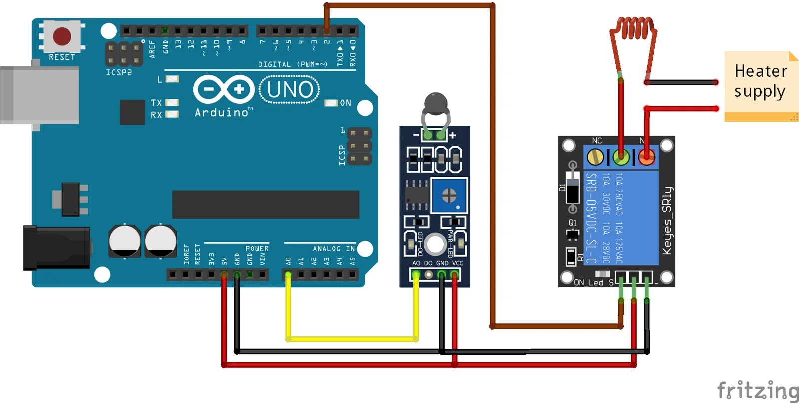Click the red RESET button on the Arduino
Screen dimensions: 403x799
pos(62,36)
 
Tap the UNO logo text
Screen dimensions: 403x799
pos(290,90)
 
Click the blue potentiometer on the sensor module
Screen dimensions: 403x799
pos(449,195)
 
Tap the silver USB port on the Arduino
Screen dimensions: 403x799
pos(40,94)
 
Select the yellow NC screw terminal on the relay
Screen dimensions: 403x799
pos(595,158)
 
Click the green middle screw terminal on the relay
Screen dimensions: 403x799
pos(621,158)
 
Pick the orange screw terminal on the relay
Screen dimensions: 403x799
pos(646,158)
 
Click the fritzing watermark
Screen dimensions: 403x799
pos(757,390)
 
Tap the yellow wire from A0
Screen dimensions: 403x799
pos(352,339)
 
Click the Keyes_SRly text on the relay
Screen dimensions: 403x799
pos(667,221)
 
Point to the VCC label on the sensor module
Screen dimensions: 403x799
pos(457,263)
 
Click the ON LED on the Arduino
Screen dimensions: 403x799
pos(331,103)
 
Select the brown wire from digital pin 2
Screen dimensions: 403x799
pos(409,6)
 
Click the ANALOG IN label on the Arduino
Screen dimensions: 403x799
pos(333,248)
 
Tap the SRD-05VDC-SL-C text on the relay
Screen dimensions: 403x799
pos(591,218)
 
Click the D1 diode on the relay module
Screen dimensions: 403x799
pos(572,188)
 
